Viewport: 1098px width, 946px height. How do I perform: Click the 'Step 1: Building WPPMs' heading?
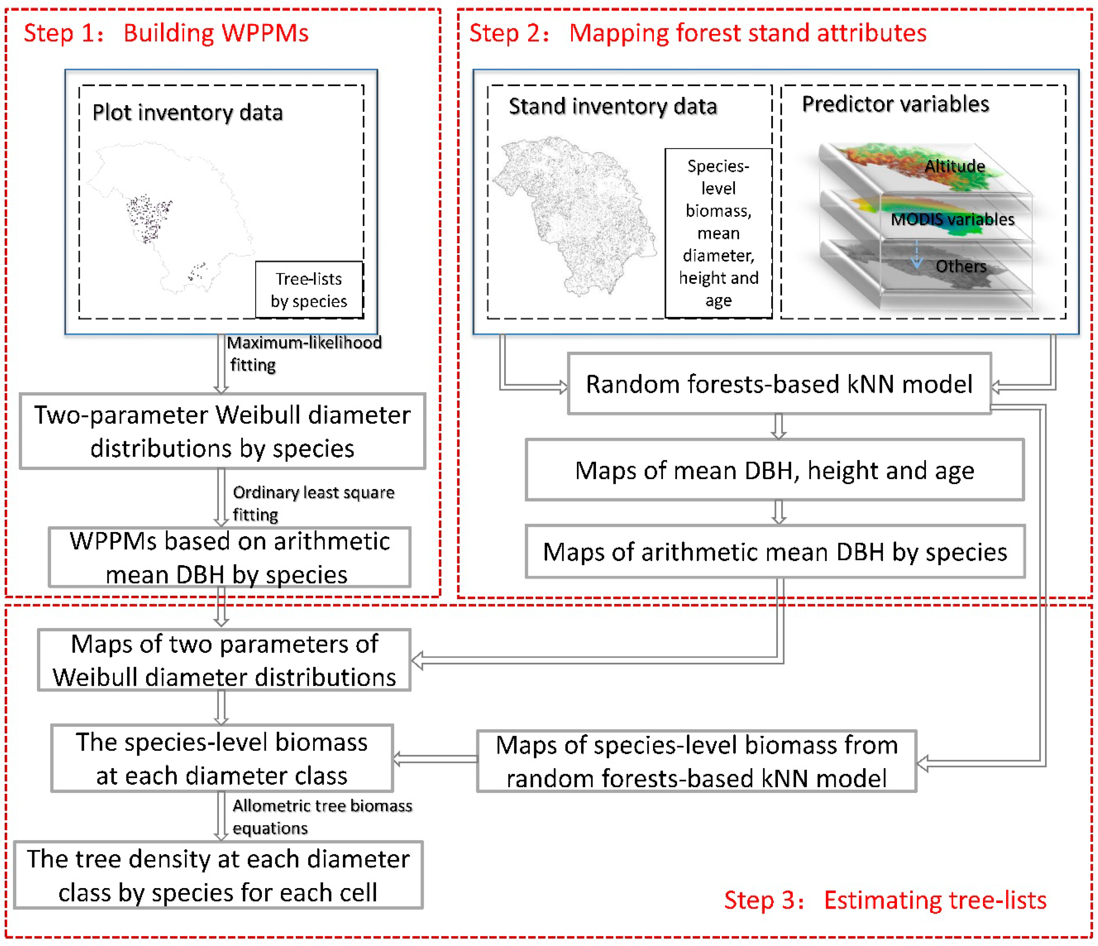tap(166, 33)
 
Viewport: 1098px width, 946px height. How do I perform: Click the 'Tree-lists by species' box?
tap(309, 290)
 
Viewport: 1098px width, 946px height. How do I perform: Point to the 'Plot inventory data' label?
tap(188, 113)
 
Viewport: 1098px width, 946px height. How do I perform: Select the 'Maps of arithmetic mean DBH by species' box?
tap(775, 552)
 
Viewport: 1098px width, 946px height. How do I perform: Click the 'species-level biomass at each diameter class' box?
tap(222, 758)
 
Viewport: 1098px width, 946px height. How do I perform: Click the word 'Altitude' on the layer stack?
tap(954, 166)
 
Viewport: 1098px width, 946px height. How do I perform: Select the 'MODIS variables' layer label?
tap(952, 219)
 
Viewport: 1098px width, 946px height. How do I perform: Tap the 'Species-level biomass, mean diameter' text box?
tap(718, 233)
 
